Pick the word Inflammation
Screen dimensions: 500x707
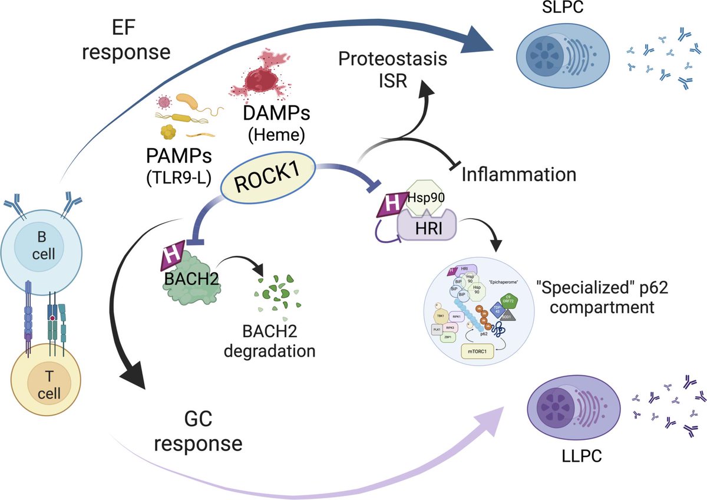click(518, 175)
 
